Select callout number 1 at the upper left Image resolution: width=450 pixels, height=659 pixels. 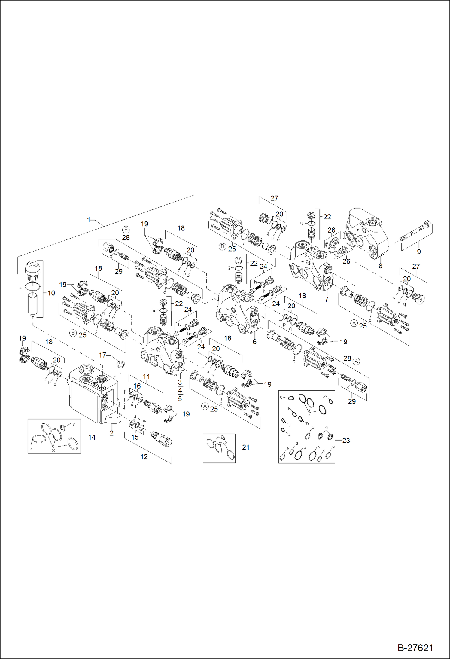tap(89, 220)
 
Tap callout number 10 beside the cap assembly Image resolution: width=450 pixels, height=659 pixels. tap(51, 293)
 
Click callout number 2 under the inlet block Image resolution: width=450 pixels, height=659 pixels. tap(111, 433)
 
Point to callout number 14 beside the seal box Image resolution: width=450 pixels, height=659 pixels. tap(92, 437)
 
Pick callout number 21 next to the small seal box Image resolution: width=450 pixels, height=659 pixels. tap(246, 447)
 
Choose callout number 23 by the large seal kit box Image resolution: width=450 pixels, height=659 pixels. tap(346, 441)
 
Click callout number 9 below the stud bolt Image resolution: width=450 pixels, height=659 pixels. tap(419, 252)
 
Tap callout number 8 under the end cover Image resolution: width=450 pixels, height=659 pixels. tap(380, 266)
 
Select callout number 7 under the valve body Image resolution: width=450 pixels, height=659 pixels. tap(327, 299)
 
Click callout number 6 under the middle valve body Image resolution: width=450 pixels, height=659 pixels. tap(254, 342)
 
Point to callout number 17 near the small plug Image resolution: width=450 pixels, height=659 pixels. tap(102, 355)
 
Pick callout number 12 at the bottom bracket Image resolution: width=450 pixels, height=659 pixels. tap(144, 457)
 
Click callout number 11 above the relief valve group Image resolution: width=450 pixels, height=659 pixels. tap(146, 377)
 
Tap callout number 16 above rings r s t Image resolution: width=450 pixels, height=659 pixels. tap(137, 386)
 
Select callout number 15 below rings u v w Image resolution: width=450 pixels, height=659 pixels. tap(135, 437)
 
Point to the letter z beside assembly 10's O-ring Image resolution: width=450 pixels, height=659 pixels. tap(20, 287)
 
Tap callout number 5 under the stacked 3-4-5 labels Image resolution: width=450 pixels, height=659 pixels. tap(180, 399)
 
